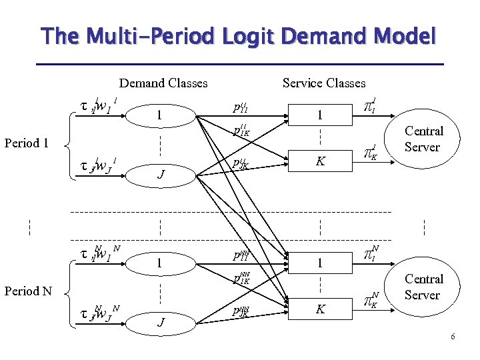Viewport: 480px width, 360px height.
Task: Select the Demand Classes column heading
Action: (163, 83)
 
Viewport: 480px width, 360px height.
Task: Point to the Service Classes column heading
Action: (324, 83)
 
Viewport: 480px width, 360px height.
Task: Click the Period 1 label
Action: (27, 143)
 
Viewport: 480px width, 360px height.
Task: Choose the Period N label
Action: (27, 291)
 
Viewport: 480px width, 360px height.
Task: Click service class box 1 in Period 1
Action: (320, 115)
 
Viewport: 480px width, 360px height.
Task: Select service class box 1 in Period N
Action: (320, 263)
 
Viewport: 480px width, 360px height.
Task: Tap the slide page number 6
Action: (453, 337)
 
